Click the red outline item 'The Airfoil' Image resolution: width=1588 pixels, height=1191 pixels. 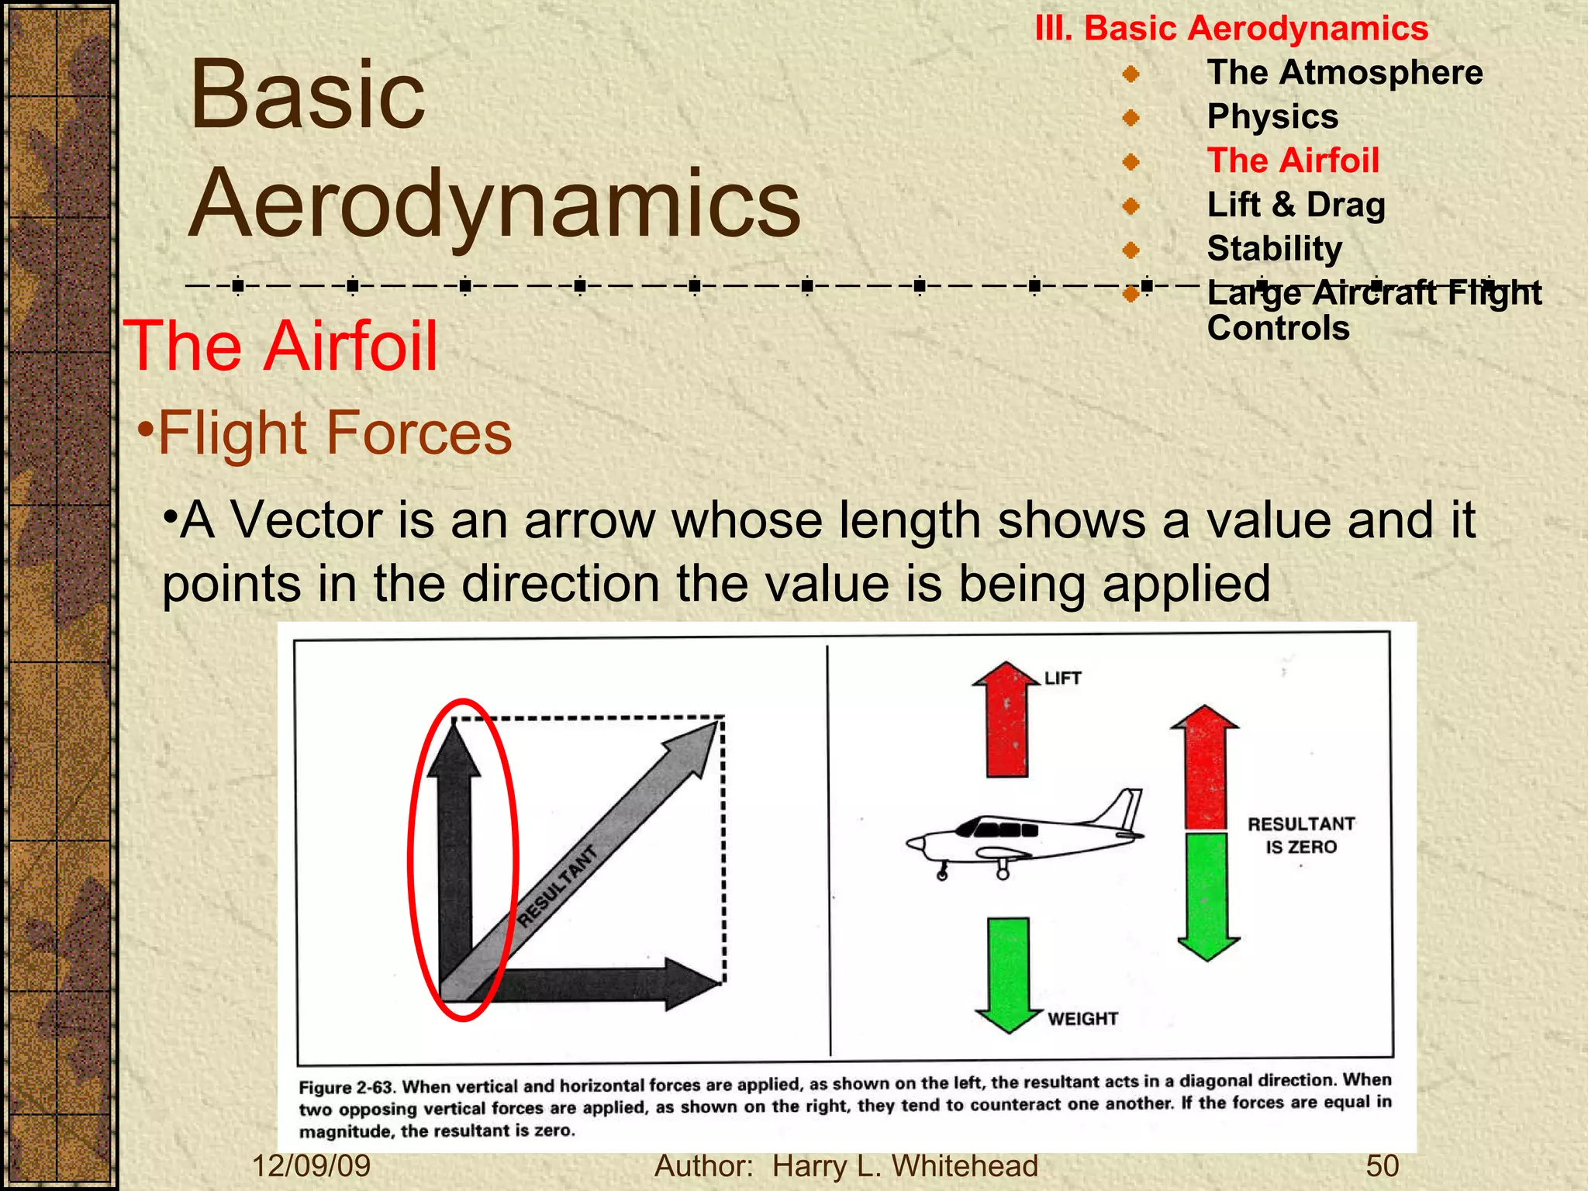point(1293,161)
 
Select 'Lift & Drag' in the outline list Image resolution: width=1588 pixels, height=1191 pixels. point(1296,205)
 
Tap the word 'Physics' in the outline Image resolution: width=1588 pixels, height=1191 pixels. point(1272,116)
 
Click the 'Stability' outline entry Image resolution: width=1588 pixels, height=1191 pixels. point(1274,249)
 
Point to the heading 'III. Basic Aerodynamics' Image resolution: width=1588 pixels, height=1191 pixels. point(1231,29)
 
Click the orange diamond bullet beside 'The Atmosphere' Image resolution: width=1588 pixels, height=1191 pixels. point(1131,74)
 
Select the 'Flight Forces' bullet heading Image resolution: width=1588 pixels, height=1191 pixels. point(334,433)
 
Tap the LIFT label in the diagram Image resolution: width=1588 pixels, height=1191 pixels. point(1062,678)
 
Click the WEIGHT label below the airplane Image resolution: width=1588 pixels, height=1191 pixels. point(1082,1019)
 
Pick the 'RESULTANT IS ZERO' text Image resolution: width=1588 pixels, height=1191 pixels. point(1301,835)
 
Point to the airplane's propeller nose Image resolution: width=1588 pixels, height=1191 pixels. point(915,844)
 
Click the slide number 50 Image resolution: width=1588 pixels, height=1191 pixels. point(1382,1166)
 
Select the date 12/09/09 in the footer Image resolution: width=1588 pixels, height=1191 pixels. point(312,1166)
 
